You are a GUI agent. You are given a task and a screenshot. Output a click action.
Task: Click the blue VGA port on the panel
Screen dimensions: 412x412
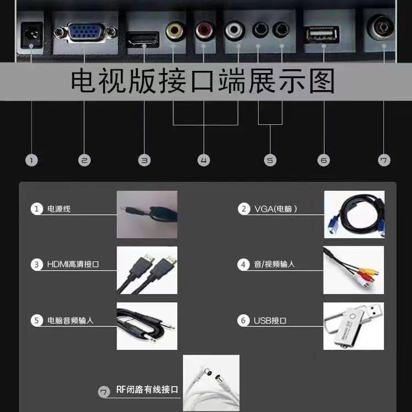coord(85,32)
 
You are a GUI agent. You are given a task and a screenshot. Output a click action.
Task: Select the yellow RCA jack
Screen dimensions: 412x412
coord(175,30)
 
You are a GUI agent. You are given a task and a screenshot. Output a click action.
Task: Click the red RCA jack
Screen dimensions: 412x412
coord(205,30)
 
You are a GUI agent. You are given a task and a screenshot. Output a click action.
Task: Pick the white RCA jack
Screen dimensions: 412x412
coord(235,30)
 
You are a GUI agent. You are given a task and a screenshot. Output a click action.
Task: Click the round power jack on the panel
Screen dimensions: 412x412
coord(30,35)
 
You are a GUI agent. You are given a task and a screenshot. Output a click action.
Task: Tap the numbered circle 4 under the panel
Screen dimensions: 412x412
coord(204,160)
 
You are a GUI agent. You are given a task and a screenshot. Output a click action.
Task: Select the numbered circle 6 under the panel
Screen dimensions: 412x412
coord(324,160)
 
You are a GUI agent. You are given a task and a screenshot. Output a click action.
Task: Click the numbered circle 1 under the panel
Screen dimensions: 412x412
coord(31,160)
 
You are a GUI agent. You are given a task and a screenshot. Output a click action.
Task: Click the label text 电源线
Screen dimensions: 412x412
coord(59,209)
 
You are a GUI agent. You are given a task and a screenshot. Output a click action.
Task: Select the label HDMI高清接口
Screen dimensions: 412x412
coord(73,265)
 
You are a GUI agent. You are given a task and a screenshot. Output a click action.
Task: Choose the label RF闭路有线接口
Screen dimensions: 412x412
coord(147,390)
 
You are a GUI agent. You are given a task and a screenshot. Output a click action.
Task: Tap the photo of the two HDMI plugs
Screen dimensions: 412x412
coord(147,270)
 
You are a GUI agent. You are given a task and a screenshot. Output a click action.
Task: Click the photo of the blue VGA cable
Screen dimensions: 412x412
coord(354,214)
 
